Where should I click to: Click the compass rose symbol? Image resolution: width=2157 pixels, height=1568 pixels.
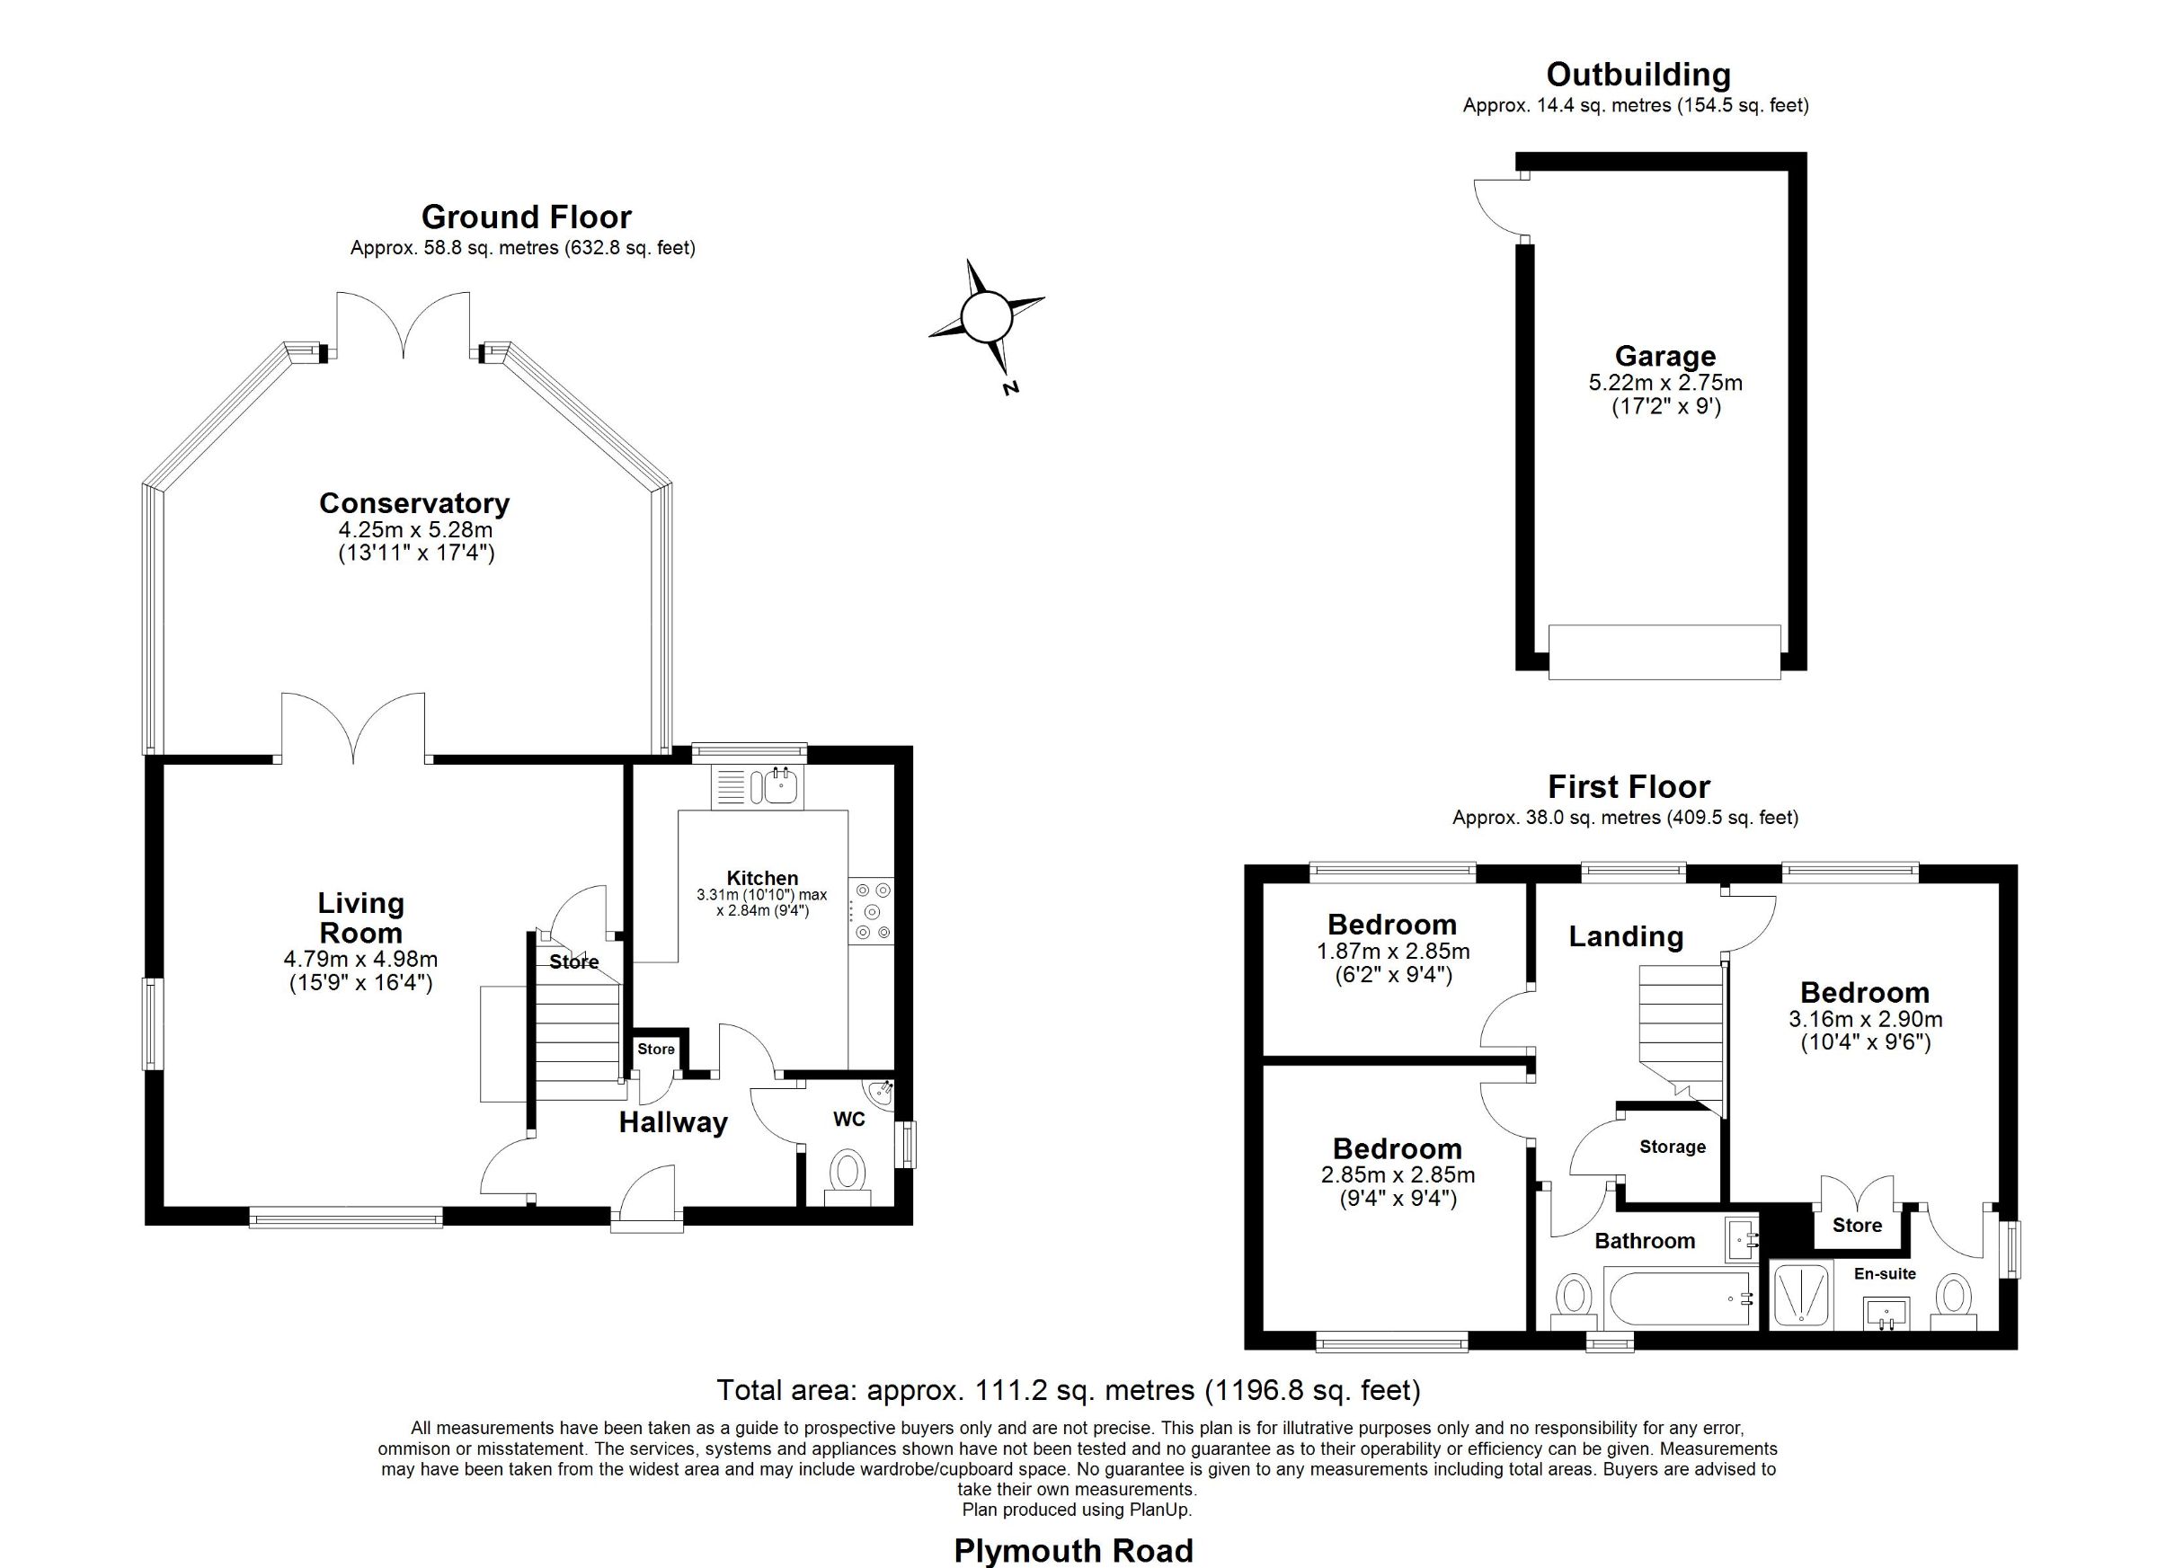click(985, 316)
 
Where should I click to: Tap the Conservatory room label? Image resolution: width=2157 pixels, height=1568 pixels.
click(413, 503)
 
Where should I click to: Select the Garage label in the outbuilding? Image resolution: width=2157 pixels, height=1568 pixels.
click(1665, 356)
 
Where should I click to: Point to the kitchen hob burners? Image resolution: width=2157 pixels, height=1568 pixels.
click(872, 911)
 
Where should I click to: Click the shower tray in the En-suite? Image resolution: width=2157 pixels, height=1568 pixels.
click(1801, 1293)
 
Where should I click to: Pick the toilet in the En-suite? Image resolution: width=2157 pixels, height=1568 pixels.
click(1954, 1302)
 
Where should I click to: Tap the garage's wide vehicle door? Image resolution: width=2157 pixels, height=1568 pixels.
click(1664, 651)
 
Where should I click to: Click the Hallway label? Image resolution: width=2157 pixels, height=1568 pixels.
click(673, 1123)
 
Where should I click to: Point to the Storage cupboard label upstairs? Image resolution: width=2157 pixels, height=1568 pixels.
click(1673, 1147)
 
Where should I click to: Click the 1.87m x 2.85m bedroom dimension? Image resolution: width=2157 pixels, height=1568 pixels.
click(1393, 951)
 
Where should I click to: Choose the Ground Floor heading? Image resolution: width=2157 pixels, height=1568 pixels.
click(526, 217)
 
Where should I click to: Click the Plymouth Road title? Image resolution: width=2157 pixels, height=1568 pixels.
click(1074, 1551)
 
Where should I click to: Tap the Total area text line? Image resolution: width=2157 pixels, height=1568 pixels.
click(1069, 1390)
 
